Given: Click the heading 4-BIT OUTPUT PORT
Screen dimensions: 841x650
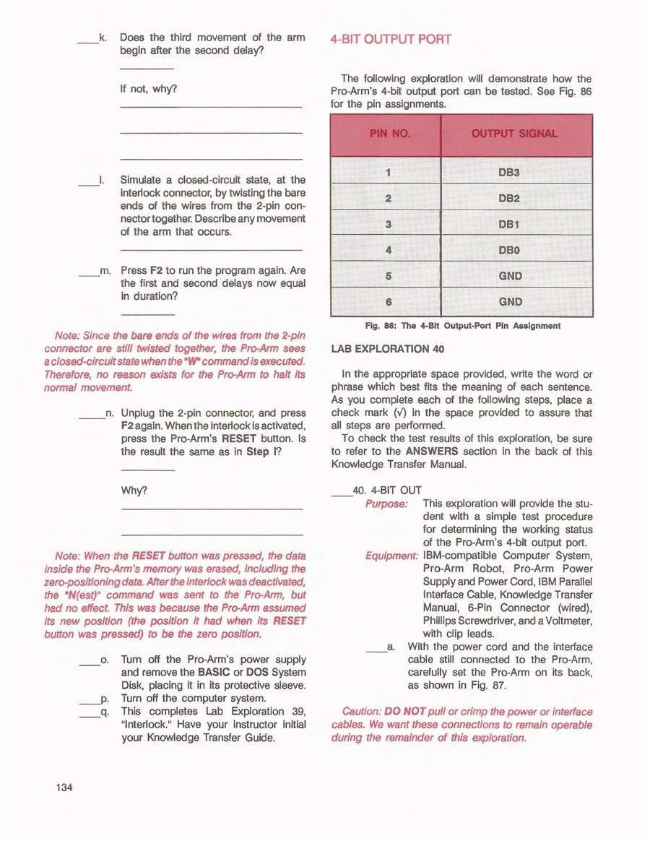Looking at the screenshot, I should (391, 39).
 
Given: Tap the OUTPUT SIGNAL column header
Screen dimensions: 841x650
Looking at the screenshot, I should (514, 134).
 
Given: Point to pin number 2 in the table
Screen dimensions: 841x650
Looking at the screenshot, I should (388, 199).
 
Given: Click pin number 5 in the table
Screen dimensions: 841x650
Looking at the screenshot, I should (388, 276).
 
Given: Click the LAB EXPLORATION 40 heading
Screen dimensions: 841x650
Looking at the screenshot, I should (388, 349).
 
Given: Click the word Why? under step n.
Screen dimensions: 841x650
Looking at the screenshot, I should (134, 491).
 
